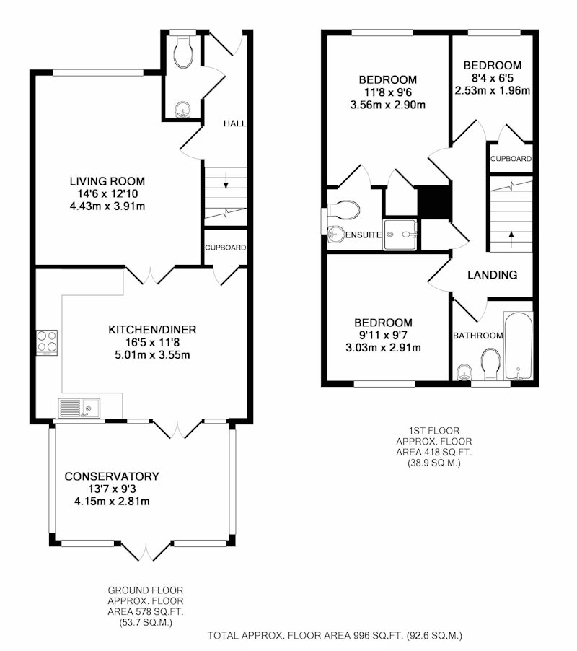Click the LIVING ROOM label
pyautogui.click(x=107, y=181)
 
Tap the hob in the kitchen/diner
pyautogui.click(x=47, y=343)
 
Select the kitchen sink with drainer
pyautogui.click(x=79, y=408)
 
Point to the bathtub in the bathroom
pyautogui.click(x=518, y=346)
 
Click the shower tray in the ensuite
pyautogui.click(x=400, y=235)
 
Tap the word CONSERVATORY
pyautogui.click(x=112, y=476)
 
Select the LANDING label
pyautogui.click(x=493, y=275)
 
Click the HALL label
pyautogui.click(x=234, y=123)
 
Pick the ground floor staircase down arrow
pyautogui.click(x=226, y=180)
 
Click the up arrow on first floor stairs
pyautogui.click(x=511, y=239)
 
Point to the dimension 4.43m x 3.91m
pyautogui.click(x=107, y=206)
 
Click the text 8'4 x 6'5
pyautogui.click(x=493, y=78)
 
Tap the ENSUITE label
pyautogui.click(x=364, y=235)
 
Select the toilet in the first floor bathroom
pyautogui.click(x=491, y=363)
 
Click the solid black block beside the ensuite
pyautogui.click(x=434, y=202)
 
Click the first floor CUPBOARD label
pyautogui.click(x=511, y=159)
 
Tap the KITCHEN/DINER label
pyautogui.click(x=152, y=330)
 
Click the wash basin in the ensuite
pyautogui.click(x=336, y=234)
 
